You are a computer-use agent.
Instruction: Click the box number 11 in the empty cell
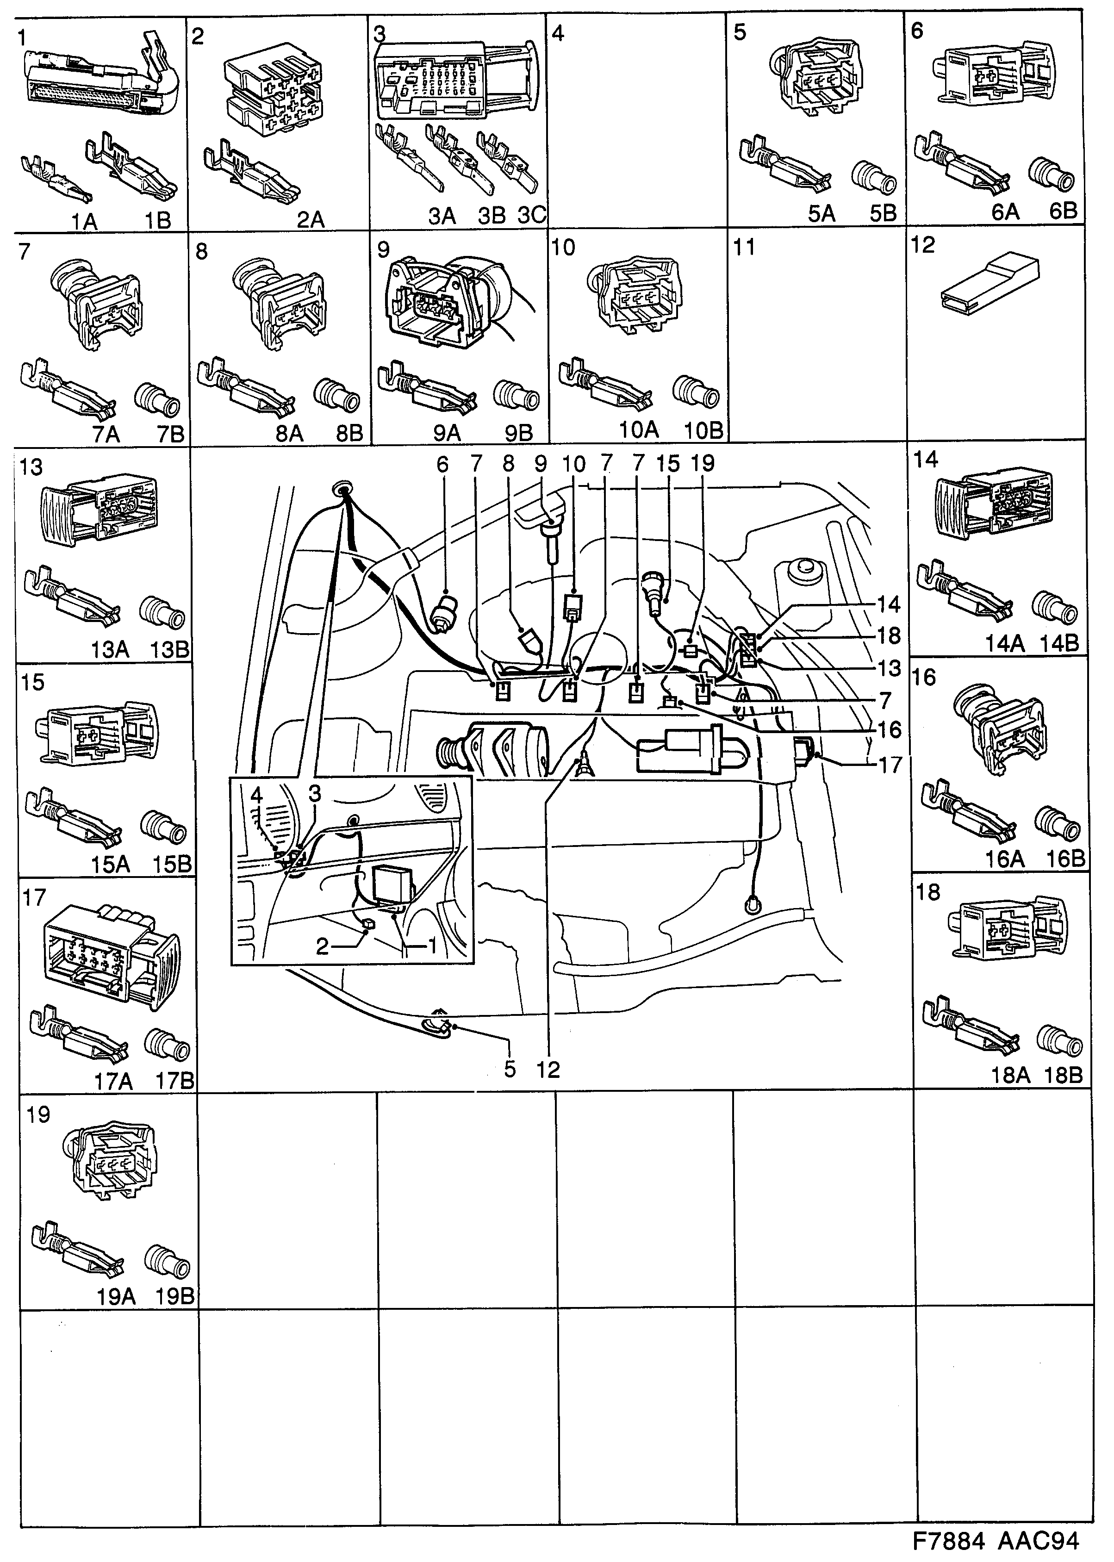744,247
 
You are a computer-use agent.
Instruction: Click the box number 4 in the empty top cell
558,33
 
